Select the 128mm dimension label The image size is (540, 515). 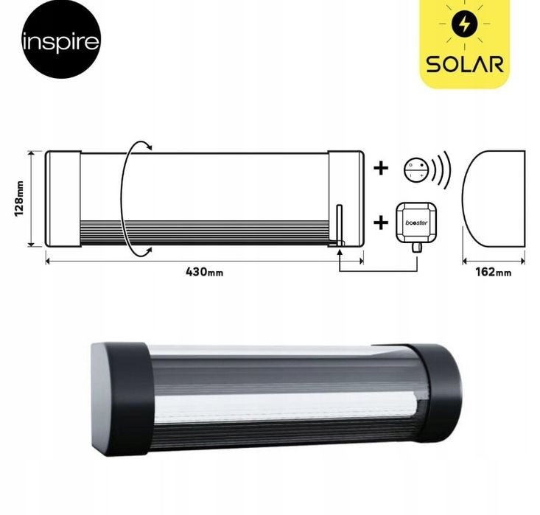click(20, 199)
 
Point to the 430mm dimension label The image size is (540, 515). click(204, 271)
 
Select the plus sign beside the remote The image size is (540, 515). click(380, 168)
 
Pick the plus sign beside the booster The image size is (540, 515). click(380, 221)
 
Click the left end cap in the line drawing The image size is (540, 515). click(63, 199)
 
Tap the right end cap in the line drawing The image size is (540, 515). click(346, 199)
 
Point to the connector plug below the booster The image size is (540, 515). click(416, 246)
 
